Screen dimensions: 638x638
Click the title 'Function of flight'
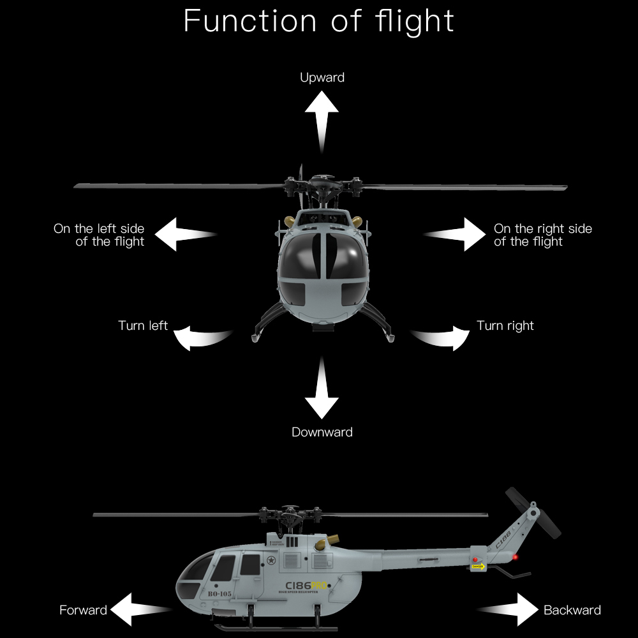click(x=318, y=21)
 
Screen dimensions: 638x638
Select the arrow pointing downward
click(x=322, y=389)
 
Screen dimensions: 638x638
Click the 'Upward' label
click(x=322, y=78)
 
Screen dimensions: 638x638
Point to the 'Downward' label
click(x=322, y=433)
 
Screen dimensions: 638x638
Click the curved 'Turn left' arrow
click(x=200, y=337)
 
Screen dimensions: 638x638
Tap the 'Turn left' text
click(x=143, y=326)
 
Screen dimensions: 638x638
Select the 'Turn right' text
click(x=505, y=326)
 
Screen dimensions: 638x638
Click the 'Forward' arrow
click(x=137, y=610)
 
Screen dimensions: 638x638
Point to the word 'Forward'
click(x=83, y=611)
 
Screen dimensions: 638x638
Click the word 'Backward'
click(x=572, y=611)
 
